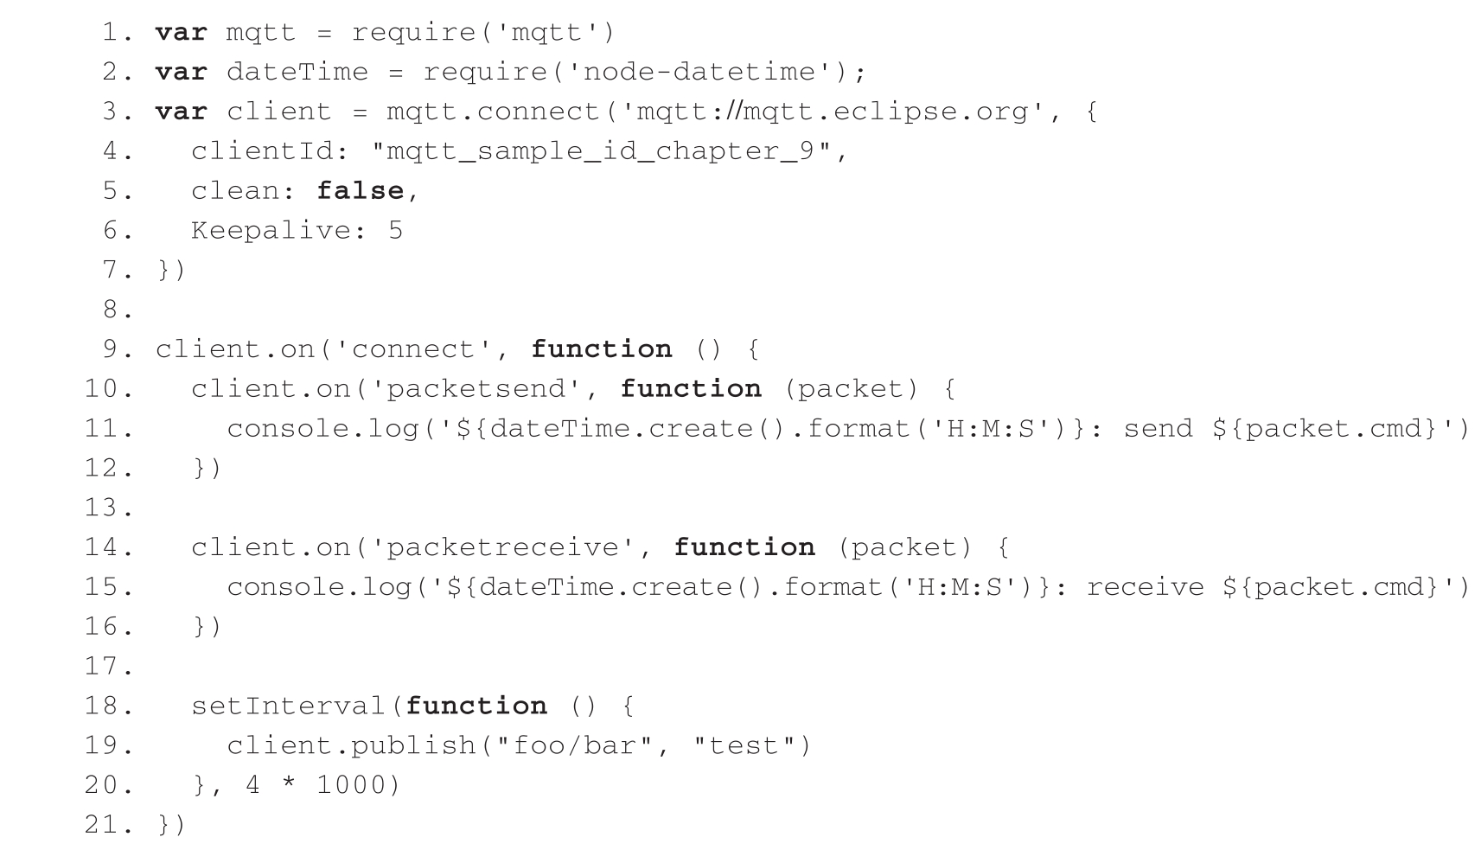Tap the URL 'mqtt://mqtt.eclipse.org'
pyautogui.click(x=832, y=112)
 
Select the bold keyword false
pyautogui.click(x=360, y=191)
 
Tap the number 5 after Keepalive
pyautogui.click(x=394, y=231)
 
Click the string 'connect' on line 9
pyautogui.click(x=422, y=349)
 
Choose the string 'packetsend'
pyautogui.click(x=475, y=389)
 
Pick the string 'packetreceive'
pyautogui.click(x=501, y=547)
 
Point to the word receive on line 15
pyautogui.click(x=1145, y=587)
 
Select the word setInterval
pyautogui.click(x=288, y=706)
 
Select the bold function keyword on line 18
pyautogui.click(x=476, y=706)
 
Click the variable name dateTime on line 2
pyautogui.click(x=297, y=72)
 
